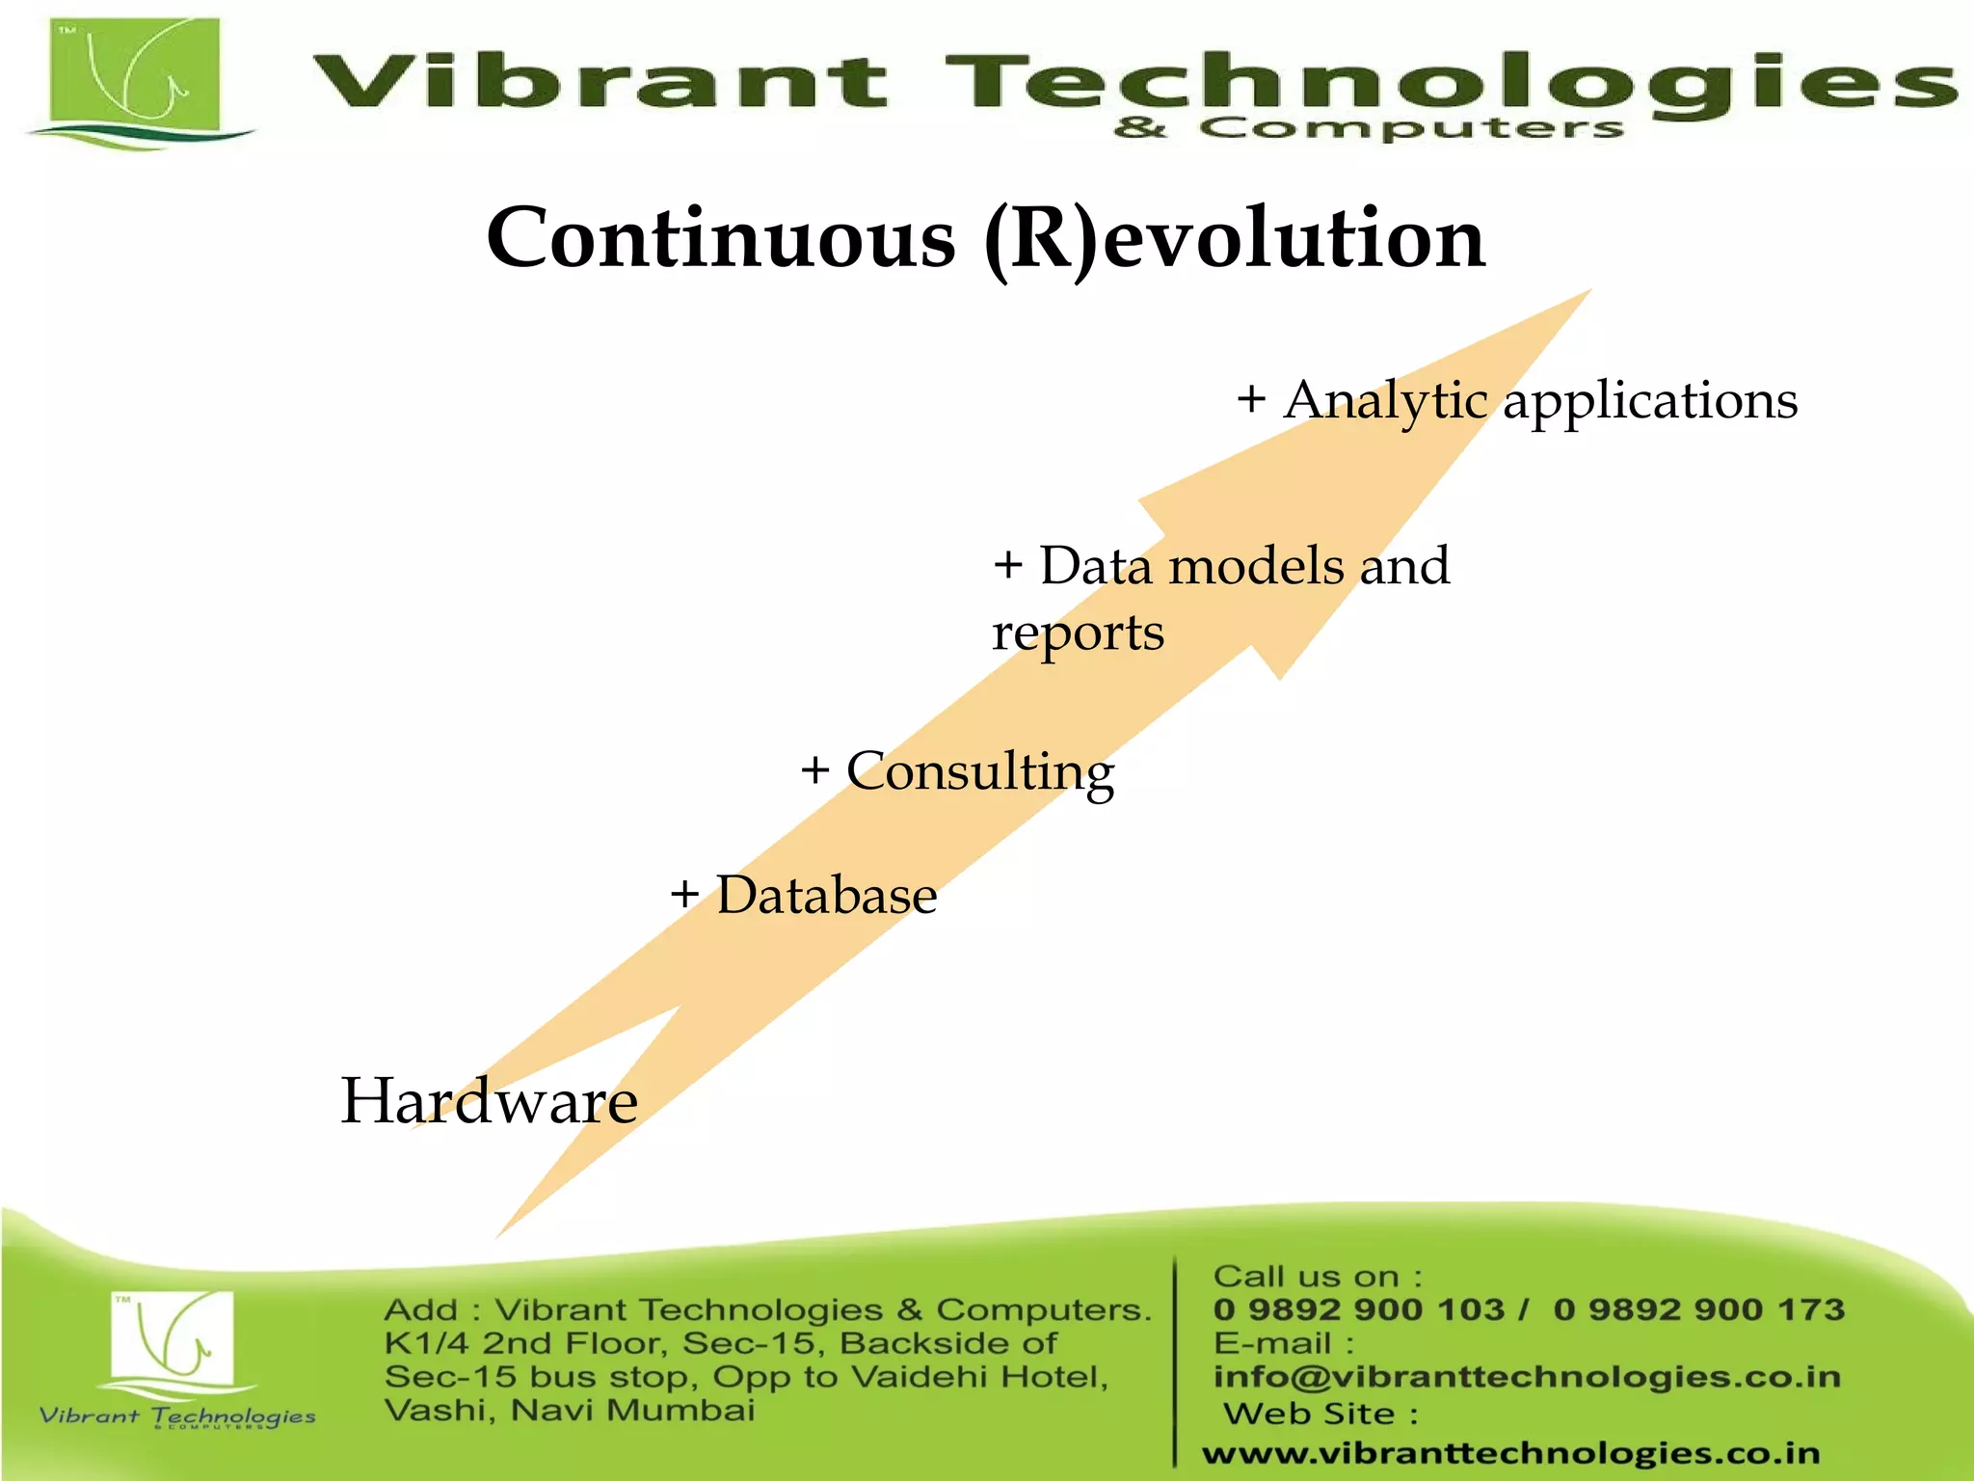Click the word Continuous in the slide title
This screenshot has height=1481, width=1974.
point(721,238)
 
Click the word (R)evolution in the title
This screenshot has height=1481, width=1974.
point(1236,238)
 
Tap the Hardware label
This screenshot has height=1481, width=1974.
point(489,1100)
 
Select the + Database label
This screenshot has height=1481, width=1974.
point(804,894)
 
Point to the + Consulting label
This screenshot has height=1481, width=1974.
point(958,770)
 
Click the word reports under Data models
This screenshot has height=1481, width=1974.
point(1079,633)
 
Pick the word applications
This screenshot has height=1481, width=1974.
point(1650,401)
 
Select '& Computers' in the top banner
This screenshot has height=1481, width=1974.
point(1369,128)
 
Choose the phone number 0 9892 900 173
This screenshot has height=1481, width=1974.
point(1698,1309)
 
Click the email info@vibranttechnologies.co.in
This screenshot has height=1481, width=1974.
point(1527,1376)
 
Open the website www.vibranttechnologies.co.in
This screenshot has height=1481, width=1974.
point(1510,1452)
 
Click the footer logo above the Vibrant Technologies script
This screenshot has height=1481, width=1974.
point(173,1338)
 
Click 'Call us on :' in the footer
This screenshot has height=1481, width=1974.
point(1317,1277)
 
